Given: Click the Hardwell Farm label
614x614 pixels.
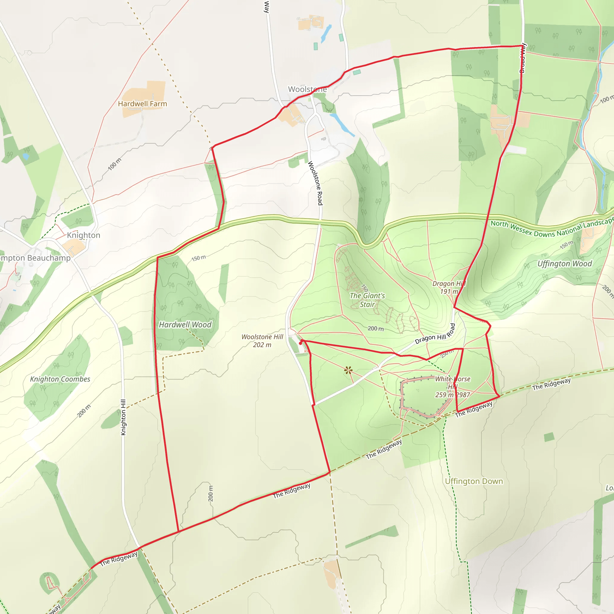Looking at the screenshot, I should click(x=142, y=104).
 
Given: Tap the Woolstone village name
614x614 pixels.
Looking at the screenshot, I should click(x=307, y=89).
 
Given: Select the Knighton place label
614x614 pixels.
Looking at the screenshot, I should click(x=84, y=235).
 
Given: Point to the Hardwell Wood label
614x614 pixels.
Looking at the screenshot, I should click(x=185, y=324).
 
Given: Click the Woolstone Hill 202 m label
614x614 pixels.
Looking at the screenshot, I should click(x=262, y=341).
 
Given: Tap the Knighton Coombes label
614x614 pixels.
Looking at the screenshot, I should click(x=60, y=379).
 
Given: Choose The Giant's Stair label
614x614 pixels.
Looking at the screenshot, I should click(x=367, y=300).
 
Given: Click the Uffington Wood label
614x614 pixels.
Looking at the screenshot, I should click(x=565, y=264).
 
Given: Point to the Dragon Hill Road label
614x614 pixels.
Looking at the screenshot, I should click(x=435, y=334).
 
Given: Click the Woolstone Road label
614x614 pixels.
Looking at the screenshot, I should click(x=315, y=183).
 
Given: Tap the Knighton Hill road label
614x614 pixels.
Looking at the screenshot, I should click(x=123, y=417).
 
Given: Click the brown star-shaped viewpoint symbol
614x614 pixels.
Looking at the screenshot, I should click(x=348, y=370).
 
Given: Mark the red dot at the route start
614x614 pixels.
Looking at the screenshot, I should click(x=301, y=343).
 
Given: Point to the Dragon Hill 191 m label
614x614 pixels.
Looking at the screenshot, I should click(x=449, y=287).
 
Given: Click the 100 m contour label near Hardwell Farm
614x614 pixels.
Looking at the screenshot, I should click(x=115, y=164).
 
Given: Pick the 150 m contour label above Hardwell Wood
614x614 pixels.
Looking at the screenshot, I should click(x=199, y=258).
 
